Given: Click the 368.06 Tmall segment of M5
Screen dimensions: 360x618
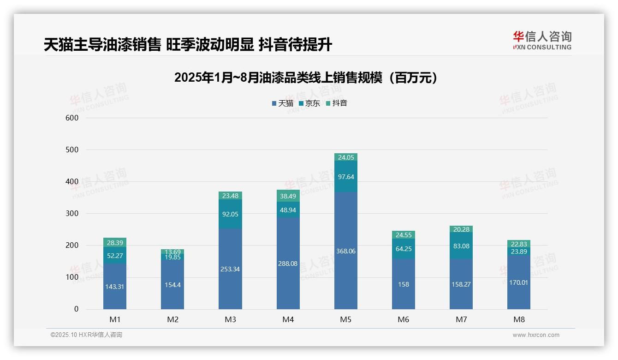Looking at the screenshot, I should (345, 251).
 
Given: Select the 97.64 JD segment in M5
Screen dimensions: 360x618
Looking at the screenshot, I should (345, 177).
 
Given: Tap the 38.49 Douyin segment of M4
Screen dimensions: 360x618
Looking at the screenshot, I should (288, 196).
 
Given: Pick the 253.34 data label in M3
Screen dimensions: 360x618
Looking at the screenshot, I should (230, 269).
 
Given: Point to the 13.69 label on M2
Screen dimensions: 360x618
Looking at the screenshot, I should (172, 252).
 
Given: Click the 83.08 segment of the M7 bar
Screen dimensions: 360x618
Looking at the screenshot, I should (461, 246).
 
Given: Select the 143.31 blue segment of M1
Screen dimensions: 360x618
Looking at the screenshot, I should (115, 287).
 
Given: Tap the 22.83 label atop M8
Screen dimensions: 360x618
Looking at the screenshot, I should (519, 244).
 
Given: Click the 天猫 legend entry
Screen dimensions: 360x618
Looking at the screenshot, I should (283, 103).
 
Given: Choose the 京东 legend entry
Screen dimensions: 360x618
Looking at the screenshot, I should (309, 103).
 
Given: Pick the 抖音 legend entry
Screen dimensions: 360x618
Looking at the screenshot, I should (337, 103).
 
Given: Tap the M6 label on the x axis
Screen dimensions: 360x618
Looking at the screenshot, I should (404, 319).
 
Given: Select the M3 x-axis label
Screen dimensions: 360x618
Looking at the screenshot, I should (230, 319).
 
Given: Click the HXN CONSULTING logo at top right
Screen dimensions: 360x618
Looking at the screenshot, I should (542, 40).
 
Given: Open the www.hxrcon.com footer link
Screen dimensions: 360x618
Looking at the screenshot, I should (536, 335).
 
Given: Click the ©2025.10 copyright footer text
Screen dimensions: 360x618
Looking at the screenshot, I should (86, 335).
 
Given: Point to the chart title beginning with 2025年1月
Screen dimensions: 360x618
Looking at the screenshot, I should (306, 78).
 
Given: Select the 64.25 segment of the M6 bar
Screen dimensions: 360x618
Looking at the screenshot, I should (404, 249).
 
